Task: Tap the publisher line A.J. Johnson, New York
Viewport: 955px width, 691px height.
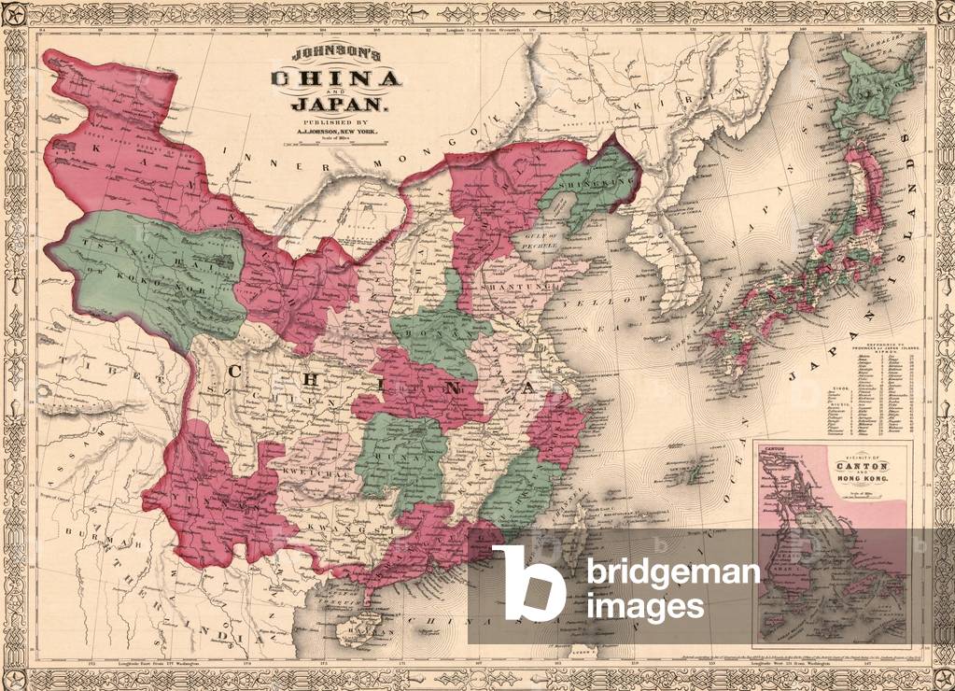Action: [x=337, y=132]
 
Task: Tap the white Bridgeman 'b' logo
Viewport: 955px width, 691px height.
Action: [x=528, y=584]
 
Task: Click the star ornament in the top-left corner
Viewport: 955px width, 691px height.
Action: [x=17, y=15]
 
